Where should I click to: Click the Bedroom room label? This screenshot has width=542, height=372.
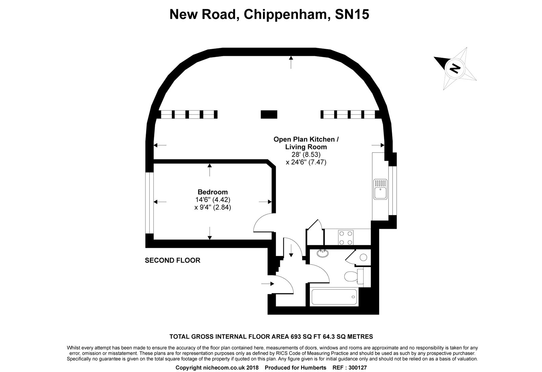point(212,192)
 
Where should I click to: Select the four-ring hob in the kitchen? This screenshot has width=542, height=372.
point(346,237)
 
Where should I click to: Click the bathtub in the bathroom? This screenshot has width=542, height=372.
point(334,297)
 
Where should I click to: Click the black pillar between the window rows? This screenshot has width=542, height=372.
point(269,114)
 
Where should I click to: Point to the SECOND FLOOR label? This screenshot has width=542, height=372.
point(172,260)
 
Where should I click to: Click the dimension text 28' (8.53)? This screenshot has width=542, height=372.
point(306,155)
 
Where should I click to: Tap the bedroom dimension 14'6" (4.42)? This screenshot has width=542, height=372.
point(212,200)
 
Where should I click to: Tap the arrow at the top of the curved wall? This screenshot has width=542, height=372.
point(291,62)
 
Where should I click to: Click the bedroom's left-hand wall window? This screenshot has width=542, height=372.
point(149,203)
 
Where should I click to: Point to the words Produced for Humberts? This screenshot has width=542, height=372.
point(295,368)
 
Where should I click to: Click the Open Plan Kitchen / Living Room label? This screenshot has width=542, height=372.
point(306,143)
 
